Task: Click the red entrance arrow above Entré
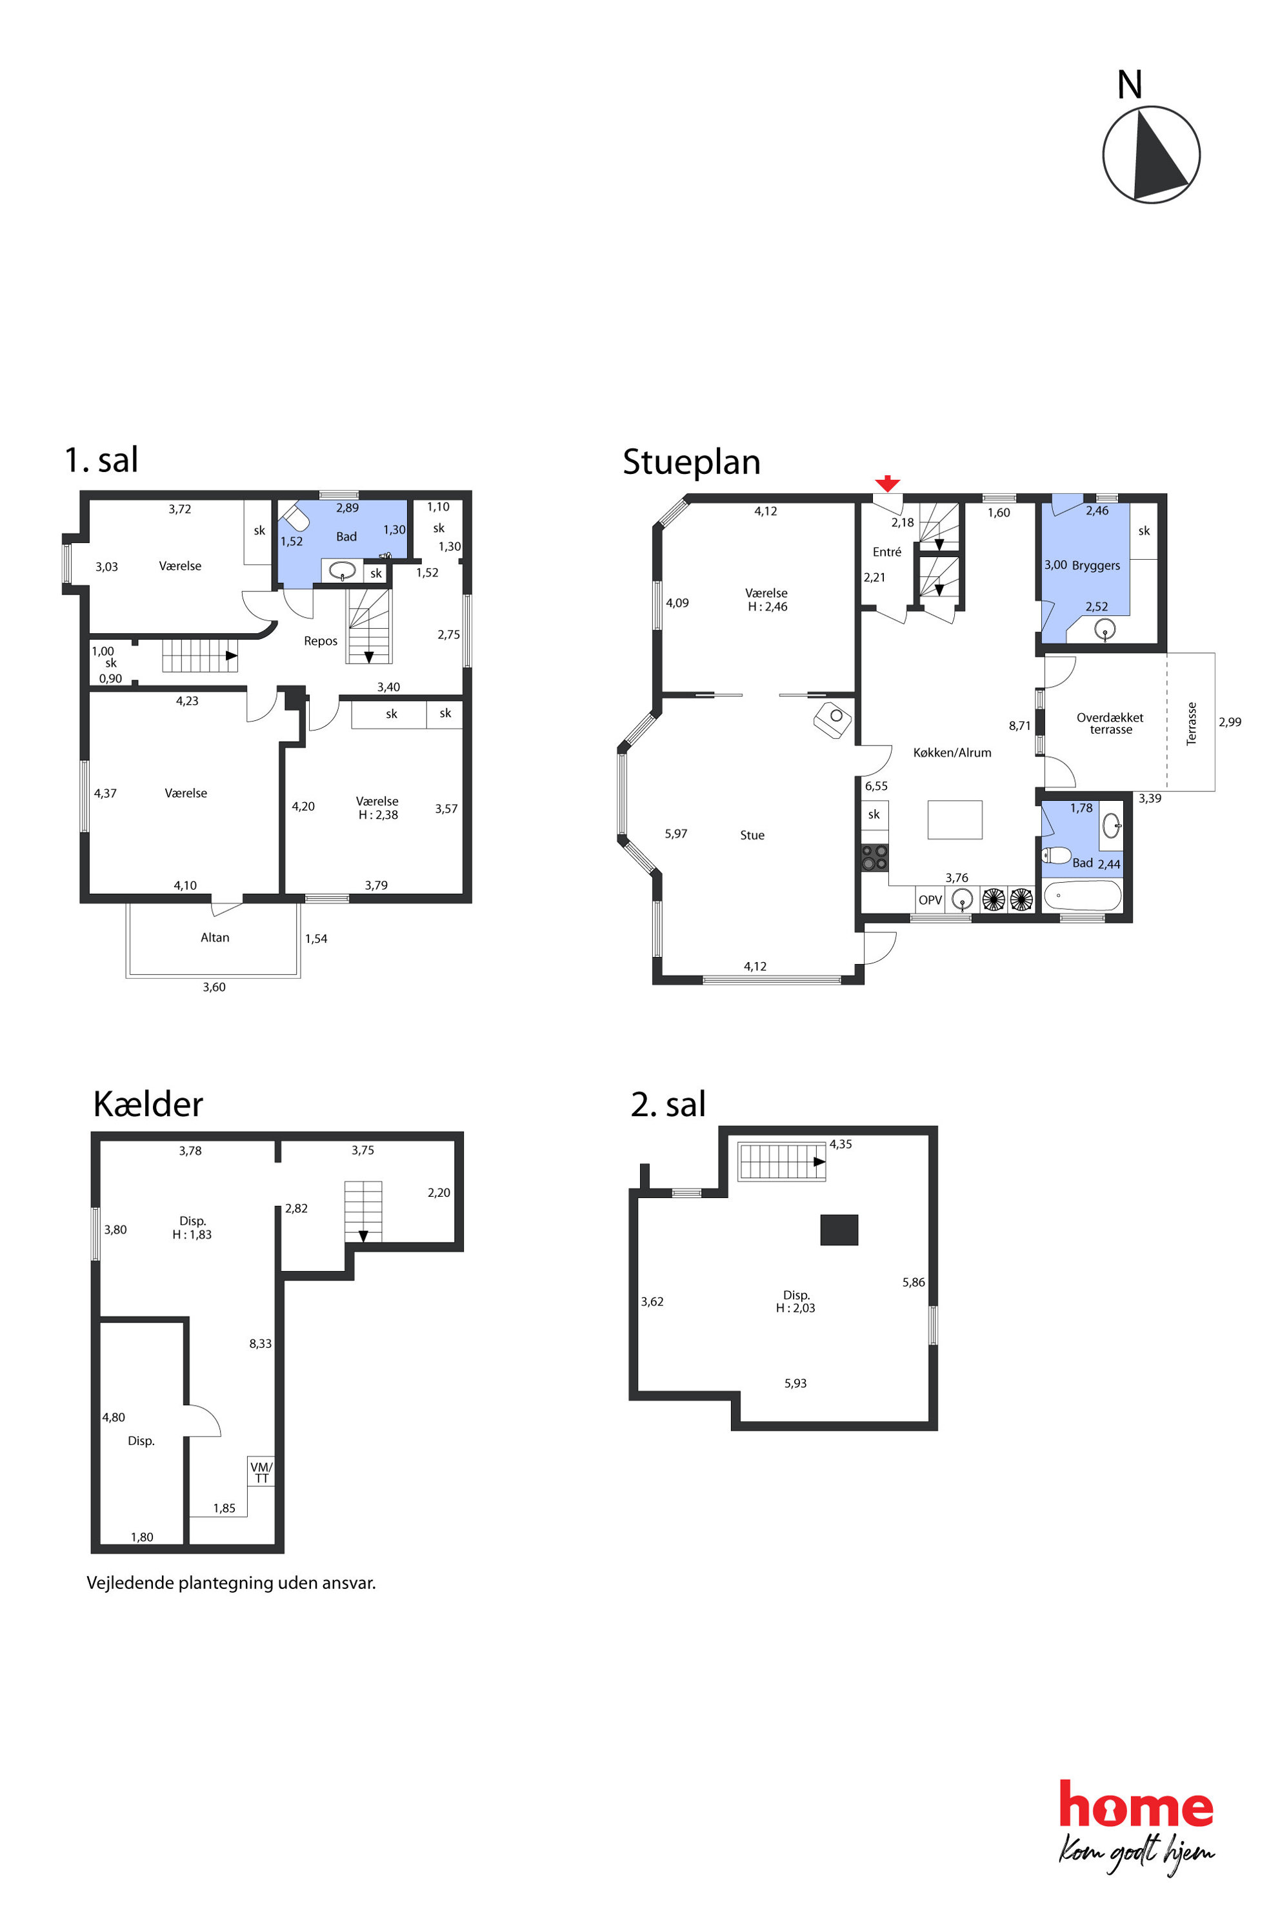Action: [x=887, y=483]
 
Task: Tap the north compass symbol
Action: [x=1151, y=154]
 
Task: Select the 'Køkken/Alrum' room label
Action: [x=952, y=753]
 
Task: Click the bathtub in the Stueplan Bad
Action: [x=1083, y=895]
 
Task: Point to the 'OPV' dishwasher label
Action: [x=930, y=900]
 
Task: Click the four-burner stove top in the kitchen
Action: [x=874, y=858]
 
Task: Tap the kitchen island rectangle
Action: [x=954, y=819]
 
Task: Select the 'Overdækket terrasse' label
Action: [x=1110, y=723]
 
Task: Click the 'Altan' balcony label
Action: [x=215, y=938]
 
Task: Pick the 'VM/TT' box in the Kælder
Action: [x=261, y=1473]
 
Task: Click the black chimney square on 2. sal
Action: [x=839, y=1230]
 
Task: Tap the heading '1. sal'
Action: [x=101, y=459]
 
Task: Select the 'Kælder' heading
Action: [x=148, y=1104]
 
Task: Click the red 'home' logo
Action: [x=1135, y=1805]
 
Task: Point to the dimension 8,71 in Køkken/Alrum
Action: [x=1019, y=725]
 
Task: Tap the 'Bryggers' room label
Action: [x=1095, y=566]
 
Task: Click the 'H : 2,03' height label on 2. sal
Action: [x=795, y=1308]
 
